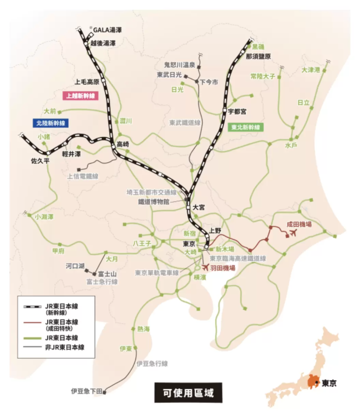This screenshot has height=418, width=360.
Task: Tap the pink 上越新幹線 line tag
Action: [x=79, y=95]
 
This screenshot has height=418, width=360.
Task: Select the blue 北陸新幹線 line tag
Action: [x=50, y=122]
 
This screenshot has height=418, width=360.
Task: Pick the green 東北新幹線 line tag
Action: [x=245, y=127]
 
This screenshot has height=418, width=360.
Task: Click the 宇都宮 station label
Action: [x=237, y=111]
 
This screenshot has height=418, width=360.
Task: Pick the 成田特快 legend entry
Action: [x=59, y=325]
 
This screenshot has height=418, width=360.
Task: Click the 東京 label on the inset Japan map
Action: [x=329, y=383]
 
